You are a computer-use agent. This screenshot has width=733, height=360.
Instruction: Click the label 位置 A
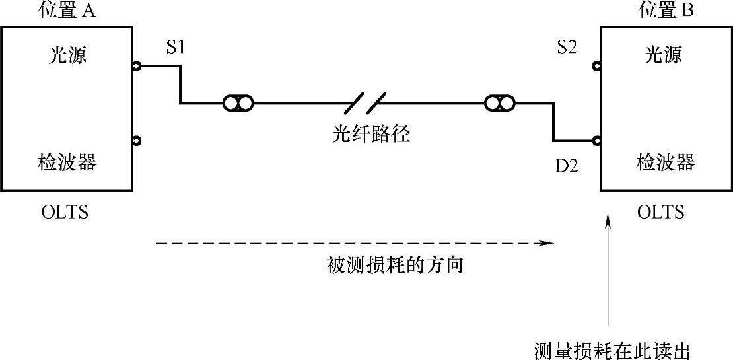(x=68, y=11)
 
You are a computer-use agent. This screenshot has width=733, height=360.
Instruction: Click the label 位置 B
(x=666, y=11)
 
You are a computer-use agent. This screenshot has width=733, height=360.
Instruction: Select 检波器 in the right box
(x=665, y=162)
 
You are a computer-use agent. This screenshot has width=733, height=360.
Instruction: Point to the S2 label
(x=567, y=48)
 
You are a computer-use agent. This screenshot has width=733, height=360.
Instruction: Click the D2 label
(x=566, y=166)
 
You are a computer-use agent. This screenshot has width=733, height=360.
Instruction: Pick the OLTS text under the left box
(x=64, y=213)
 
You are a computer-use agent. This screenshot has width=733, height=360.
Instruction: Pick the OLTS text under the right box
(x=661, y=213)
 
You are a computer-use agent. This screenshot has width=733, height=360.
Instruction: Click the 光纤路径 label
(x=371, y=135)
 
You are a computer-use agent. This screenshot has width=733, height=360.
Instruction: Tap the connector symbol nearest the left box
(x=238, y=104)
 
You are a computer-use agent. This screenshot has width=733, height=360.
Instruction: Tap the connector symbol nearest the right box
(x=500, y=104)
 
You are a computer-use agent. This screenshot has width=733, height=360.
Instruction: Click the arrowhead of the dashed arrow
(x=546, y=243)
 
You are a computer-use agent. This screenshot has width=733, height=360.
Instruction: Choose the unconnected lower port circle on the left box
(x=136, y=141)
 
